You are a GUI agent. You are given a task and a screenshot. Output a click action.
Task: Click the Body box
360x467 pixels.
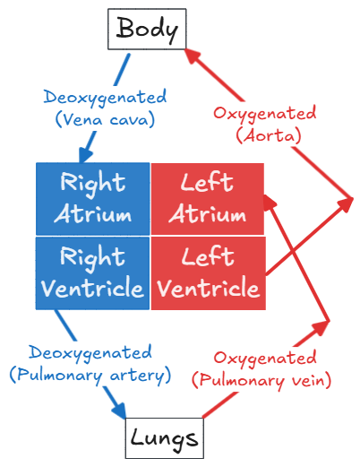tap(147, 29)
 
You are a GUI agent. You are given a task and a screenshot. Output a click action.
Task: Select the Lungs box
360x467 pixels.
tap(165, 438)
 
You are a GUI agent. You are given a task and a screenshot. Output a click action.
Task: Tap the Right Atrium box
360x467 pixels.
tap(93, 199)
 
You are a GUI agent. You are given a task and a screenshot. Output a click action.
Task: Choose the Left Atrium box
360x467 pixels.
tap(208, 199)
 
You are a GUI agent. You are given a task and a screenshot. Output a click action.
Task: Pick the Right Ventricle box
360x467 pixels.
tap(92, 273)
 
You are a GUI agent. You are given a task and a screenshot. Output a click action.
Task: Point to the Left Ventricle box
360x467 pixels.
tap(209, 273)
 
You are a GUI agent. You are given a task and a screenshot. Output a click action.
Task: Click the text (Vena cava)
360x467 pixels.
tap(105, 119)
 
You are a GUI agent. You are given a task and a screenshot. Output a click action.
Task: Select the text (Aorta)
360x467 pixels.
tap(269, 136)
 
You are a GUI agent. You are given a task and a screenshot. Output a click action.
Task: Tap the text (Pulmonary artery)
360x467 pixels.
tap(90, 375)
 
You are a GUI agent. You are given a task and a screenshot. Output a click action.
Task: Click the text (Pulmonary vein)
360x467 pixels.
tap(261, 380)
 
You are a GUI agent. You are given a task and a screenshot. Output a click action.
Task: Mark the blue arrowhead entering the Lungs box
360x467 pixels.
tap(120, 411)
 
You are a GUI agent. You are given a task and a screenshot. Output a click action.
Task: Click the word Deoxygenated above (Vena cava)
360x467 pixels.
tap(105, 98)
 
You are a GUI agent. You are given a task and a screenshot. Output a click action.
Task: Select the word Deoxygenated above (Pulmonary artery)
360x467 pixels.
tap(90, 353)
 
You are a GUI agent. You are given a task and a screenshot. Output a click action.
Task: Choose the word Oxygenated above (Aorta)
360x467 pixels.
tap(265, 114)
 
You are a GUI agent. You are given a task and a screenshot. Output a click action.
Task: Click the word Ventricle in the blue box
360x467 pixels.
tap(92, 288)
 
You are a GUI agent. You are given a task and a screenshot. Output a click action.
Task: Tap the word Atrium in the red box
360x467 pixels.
tap(208, 213)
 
